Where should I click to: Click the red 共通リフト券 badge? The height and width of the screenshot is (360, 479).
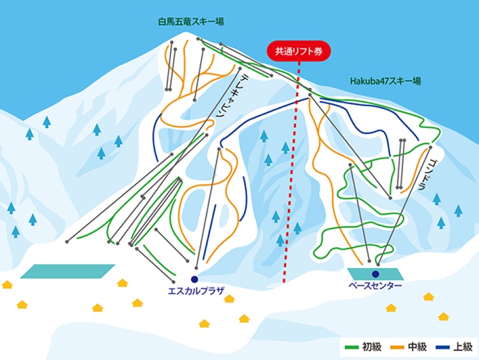(299, 51)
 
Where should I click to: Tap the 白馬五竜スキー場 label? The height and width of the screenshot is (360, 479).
(191, 22)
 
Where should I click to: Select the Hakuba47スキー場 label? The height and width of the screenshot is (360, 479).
(385, 81)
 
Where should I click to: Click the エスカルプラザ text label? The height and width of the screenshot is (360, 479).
(197, 290)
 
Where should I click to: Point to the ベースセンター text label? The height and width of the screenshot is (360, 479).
(375, 285)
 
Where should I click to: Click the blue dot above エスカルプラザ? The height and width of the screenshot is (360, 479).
(194, 279)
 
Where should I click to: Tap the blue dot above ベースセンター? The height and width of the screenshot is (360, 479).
(376, 274)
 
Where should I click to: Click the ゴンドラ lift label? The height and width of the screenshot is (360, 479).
(426, 175)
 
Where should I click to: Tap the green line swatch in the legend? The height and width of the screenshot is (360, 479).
(351, 347)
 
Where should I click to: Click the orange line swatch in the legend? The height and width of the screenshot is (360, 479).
(397, 347)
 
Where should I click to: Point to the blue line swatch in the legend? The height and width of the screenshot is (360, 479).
(443, 347)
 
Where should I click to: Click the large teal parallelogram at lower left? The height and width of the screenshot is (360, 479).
(68, 271)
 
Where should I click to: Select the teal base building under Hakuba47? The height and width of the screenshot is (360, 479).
(376, 274)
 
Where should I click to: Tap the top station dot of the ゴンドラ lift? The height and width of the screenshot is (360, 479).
(430, 147)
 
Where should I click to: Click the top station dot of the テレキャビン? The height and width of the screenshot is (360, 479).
(240, 69)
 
